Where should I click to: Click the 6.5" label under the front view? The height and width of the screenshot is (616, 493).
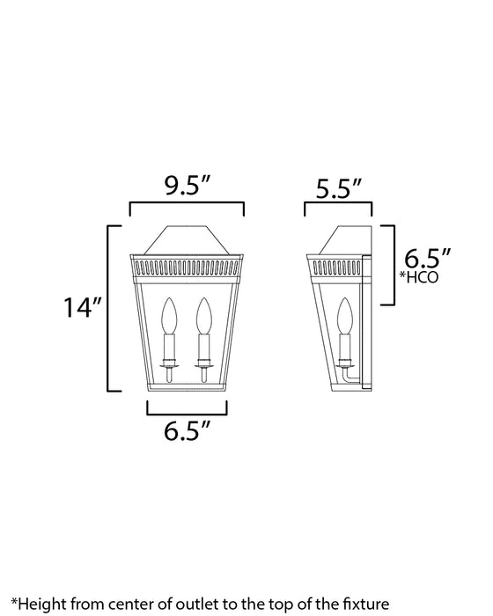pyautogui.click(x=187, y=431)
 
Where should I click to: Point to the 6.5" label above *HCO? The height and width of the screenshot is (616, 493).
pyautogui.click(x=427, y=259)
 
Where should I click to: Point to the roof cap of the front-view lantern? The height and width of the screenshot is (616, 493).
pyautogui.click(x=187, y=239)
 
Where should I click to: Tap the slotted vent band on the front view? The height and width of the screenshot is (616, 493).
pyautogui.click(x=187, y=263)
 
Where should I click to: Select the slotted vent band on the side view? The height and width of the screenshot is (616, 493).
pyautogui.click(x=337, y=263)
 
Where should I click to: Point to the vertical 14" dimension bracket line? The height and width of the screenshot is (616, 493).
pyautogui.click(x=108, y=308)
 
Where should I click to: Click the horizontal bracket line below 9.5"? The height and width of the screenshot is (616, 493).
pyautogui.click(x=187, y=203)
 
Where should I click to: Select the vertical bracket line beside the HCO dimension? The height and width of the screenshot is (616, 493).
pyautogui.click(x=393, y=264)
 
